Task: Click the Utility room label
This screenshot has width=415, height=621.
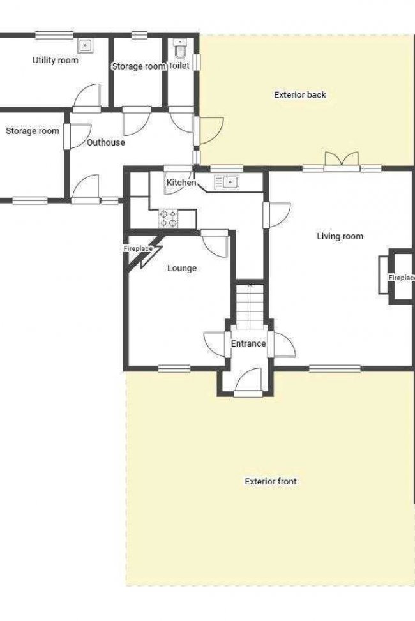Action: pyautogui.click(x=55, y=60)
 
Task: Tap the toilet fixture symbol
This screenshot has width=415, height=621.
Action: pyautogui.click(x=180, y=49)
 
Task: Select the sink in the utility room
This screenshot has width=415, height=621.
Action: pyautogui.click(x=85, y=46)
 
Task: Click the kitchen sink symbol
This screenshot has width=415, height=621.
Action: pyautogui.click(x=227, y=182)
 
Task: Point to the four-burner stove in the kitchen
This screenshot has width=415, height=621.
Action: pyautogui.click(x=169, y=219)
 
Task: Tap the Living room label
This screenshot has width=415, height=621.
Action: pyautogui.click(x=340, y=236)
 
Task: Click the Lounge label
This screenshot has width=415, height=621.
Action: pyautogui.click(x=182, y=268)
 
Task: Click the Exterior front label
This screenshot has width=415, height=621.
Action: pyautogui.click(x=271, y=481)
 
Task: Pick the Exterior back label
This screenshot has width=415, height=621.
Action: pyautogui.click(x=300, y=94)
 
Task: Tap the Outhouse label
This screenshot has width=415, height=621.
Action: pyautogui.click(x=106, y=142)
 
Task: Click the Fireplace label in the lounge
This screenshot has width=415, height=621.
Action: pyautogui.click(x=138, y=249)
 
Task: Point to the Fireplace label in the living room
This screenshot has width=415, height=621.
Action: pyautogui.click(x=402, y=278)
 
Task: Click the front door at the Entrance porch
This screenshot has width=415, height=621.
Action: pyautogui.click(x=248, y=382)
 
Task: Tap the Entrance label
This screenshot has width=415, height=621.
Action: pyautogui.click(x=248, y=344)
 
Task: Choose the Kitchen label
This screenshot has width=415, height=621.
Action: pyautogui.click(x=181, y=183)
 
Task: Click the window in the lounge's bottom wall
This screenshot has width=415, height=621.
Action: pyautogui.click(x=174, y=369)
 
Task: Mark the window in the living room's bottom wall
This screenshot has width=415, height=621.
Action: pyautogui.click(x=335, y=369)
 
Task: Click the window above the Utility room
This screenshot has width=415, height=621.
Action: pyautogui.click(x=54, y=35)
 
